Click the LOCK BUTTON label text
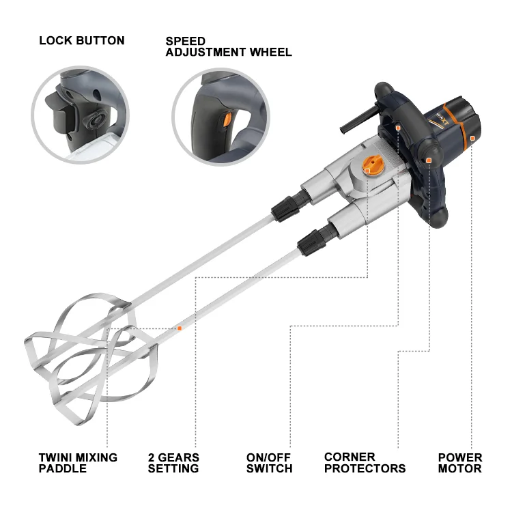click(x=82, y=40)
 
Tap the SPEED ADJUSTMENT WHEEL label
click(x=229, y=46)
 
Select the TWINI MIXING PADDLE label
click(x=78, y=463)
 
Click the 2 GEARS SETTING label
click(x=173, y=463)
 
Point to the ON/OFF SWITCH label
click(x=270, y=463)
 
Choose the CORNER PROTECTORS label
click(x=365, y=463)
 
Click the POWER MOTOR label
click(x=459, y=463)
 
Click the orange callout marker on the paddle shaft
click(x=180, y=328)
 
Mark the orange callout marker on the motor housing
click(x=472, y=139)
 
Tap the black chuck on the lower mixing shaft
click(x=311, y=242)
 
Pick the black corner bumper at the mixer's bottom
click(x=436, y=218)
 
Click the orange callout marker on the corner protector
click(x=429, y=160)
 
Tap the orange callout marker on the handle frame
click(x=398, y=128)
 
